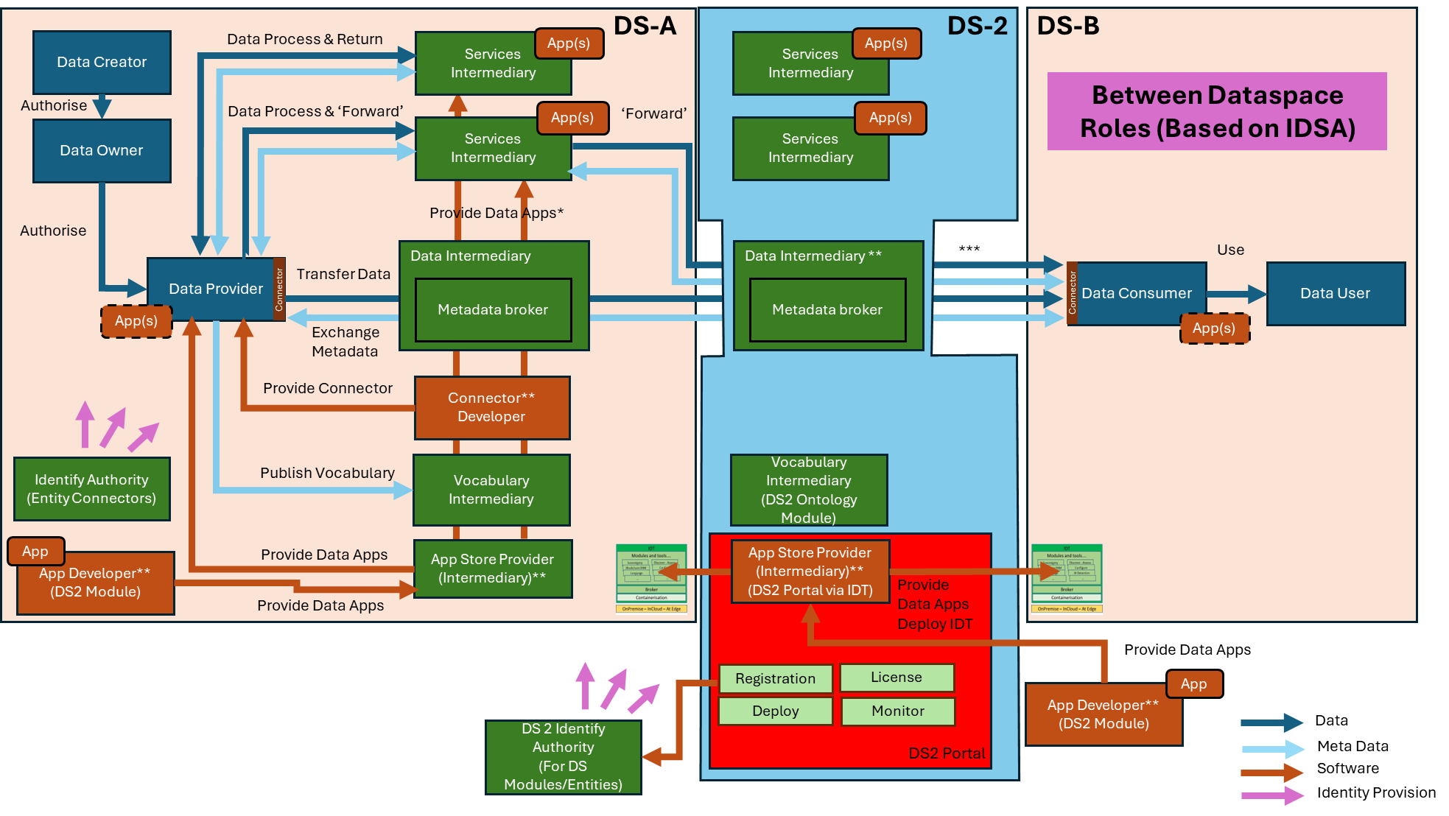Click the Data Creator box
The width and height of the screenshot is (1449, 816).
tap(102, 63)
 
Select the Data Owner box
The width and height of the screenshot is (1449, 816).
tap(102, 151)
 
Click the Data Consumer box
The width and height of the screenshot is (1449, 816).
tap(1137, 293)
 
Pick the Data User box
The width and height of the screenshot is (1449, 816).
tap(1336, 293)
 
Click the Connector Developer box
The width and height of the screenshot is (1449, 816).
tap(491, 407)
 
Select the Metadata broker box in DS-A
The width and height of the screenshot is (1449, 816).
tap(493, 310)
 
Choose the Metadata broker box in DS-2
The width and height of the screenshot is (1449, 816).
tap(827, 310)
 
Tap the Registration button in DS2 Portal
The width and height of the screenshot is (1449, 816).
tap(775, 678)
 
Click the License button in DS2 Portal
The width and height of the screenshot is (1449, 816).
tap(897, 677)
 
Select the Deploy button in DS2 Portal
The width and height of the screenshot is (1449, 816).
tap(775, 711)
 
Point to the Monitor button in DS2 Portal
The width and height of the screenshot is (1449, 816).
tap(897, 711)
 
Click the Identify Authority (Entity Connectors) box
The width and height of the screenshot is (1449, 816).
tap(92, 489)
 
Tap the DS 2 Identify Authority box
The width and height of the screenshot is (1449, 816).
tap(564, 756)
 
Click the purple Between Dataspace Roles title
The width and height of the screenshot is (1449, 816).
tap(1217, 111)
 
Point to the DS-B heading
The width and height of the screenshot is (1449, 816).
tap(1068, 26)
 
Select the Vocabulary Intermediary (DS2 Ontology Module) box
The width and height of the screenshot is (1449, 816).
tap(809, 490)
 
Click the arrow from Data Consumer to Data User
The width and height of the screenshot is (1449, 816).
tap(1235, 294)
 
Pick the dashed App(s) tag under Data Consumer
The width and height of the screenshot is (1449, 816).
tap(1214, 328)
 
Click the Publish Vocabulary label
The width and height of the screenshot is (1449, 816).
tap(327, 473)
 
